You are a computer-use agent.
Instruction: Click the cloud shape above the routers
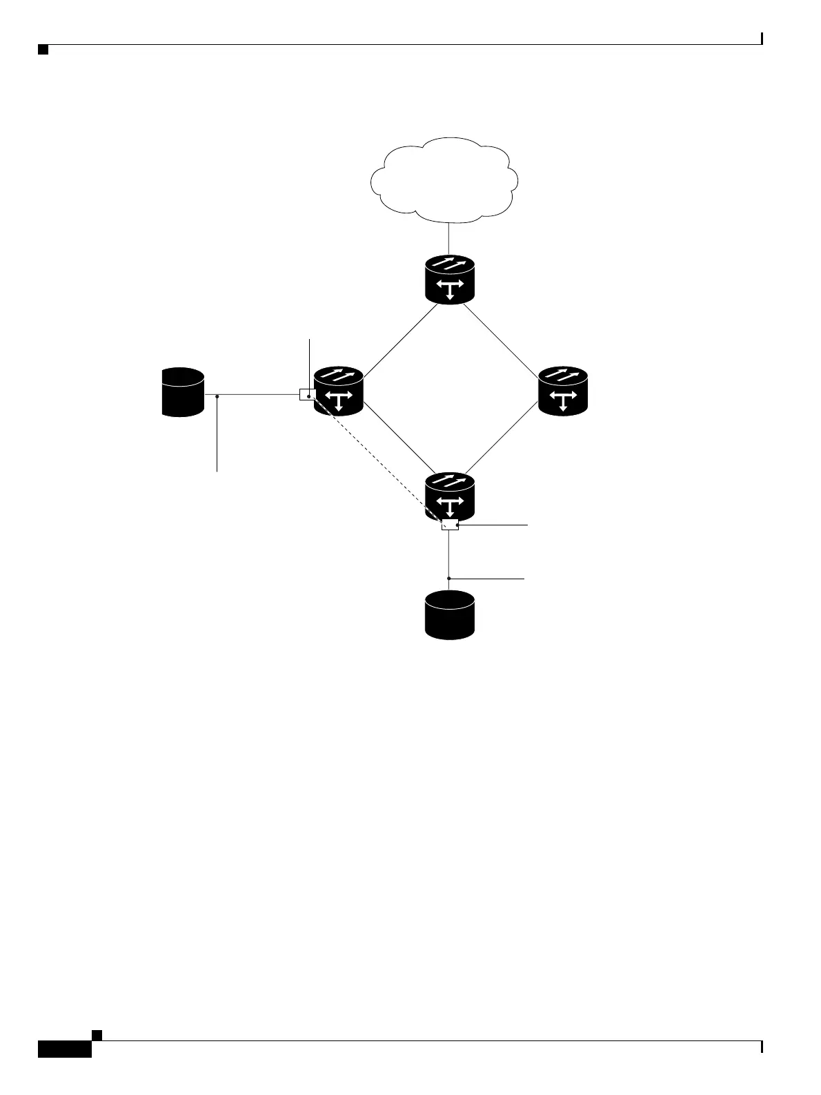click(x=445, y=180)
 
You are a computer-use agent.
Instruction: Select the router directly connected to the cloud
click(x=450, y=280)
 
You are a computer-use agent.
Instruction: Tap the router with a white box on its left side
click(x=339, y=391)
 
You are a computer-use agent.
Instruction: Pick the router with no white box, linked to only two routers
click(x=563, y=391)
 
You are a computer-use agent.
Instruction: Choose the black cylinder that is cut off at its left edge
click(x=183, y=392)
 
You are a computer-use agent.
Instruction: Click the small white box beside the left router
click(x=308, y=394)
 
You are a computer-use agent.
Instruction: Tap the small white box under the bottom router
click(x=450, y=525)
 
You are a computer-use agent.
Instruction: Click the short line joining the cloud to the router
click(x=449, y=238)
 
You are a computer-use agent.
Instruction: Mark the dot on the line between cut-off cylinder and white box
click(x=217, y=396)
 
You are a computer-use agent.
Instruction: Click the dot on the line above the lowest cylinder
click(x=449, y=578)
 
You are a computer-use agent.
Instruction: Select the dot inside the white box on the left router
click(x=309, y=397)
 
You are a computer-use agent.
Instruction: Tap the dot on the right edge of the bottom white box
click(x=457, y=525)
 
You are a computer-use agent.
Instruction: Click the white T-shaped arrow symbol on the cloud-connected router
click(x=450, y=289)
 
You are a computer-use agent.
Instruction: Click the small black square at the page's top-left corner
click(x=43, y=50)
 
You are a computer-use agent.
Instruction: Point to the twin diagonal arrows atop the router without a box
click(x=563, y=376)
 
